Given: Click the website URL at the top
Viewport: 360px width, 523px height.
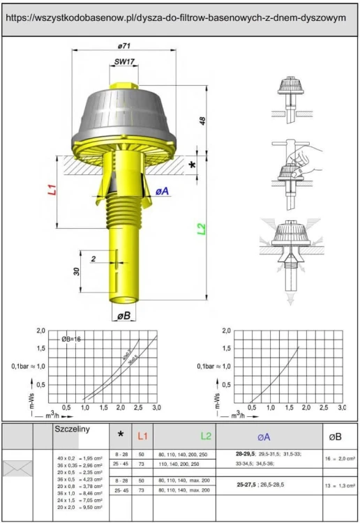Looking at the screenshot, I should [x=180, y=18].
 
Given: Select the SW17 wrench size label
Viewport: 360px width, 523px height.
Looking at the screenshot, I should [x=126, y=61].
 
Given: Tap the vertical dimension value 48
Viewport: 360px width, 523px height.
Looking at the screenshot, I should [x=202, y=121].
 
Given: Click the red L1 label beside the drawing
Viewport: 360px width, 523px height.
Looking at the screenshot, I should [x=52, y=192].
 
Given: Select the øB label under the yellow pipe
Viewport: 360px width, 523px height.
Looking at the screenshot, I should [x=124, y=316].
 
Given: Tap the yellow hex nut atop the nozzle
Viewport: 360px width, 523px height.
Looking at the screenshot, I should [x=126, y=85].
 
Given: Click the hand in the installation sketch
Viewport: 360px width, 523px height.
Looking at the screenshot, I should [x=308, y=156].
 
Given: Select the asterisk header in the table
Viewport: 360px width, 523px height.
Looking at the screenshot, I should [x=121, y=435].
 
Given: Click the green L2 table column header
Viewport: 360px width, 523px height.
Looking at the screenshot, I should [x=206, y=436].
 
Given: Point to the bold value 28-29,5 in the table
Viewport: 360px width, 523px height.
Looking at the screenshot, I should [x=246, y=453].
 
